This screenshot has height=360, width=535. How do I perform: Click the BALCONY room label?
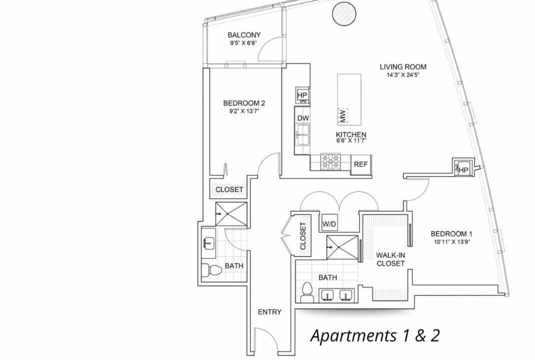pos(244,35)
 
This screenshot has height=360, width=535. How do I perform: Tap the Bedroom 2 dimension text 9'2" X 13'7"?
pos(244,110)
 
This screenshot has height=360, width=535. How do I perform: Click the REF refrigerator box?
pos(360,164)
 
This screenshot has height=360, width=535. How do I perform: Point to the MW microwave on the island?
pos(343,115)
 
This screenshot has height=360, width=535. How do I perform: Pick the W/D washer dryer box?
pos(329,224)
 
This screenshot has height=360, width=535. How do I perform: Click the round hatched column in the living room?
pos(344,14)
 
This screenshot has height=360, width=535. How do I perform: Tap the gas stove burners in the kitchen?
pos(330,161)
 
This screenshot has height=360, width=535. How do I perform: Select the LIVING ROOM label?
pos(403,67)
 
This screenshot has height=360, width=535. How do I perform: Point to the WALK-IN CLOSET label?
pos(390,259)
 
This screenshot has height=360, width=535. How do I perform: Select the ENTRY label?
pos(269,312)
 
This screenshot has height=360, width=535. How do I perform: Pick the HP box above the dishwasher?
pos(302,95)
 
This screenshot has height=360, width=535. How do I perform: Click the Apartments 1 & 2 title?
pos(375,336)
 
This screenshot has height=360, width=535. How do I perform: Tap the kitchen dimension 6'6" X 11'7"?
pos(351,140)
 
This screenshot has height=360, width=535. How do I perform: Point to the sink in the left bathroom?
pos(208,243)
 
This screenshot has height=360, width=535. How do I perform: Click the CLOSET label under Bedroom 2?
pos(229,189)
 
